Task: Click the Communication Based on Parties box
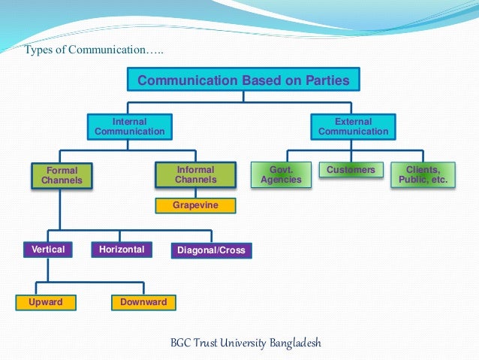tap(243, 80)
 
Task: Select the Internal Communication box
tap(130, 126)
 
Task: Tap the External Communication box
tap(354, 126)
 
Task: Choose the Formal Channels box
tap(62, 175)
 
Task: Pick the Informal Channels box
tap(195, 174)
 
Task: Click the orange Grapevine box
tap(195, 204)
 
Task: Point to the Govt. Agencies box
tap(281, 174)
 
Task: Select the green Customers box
tap(351, 170)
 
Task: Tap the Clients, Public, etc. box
tap(423, 174)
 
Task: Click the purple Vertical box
tap(48, 250)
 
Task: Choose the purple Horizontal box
tap(122, 250)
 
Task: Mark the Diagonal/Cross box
tap(211, 250)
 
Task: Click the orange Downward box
tap(144, 303)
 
